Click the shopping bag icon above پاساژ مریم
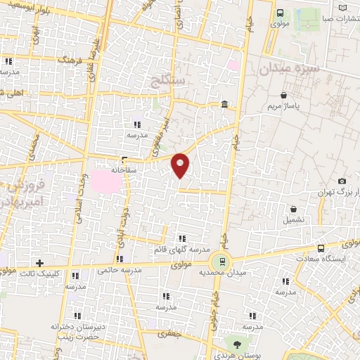click(283, 95)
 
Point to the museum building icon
click(224, 105)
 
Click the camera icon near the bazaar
click(342, 181)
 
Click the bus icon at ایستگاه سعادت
click(321, 248)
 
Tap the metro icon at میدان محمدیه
click(222, 262)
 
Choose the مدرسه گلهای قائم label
click(182, 249)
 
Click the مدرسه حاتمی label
click(116, 269)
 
